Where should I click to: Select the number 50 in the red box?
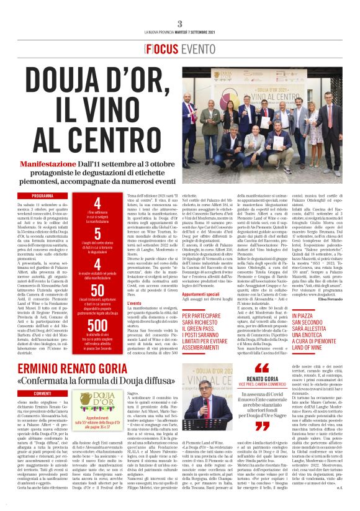(97, 291)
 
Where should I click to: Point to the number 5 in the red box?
(97, 233)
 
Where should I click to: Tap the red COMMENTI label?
(43, 393)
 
